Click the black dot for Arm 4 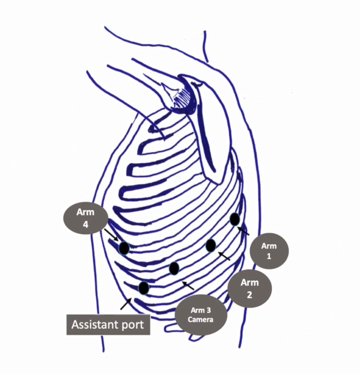tap(124, 248)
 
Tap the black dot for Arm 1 tap(235, 219)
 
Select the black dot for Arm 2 tap(211, 246)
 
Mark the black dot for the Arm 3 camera tap(174, 268)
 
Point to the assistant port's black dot tap(144, 288)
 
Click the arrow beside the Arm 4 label tap(111, 235)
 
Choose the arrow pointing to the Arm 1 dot tap(243, 231)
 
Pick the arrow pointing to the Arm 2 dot tap(224, 256)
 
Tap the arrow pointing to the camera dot tap(188, 286)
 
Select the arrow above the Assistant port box tap(126, 304)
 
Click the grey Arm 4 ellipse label tap(86, 218)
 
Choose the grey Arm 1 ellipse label tap(269, 251)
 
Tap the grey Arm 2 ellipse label tap(249, 289)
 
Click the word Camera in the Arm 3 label tap(201, 320)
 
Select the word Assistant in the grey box tap(95, 324)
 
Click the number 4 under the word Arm tap(86, 224)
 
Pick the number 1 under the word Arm tap(269, 256)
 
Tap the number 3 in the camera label tap(208, 311)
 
